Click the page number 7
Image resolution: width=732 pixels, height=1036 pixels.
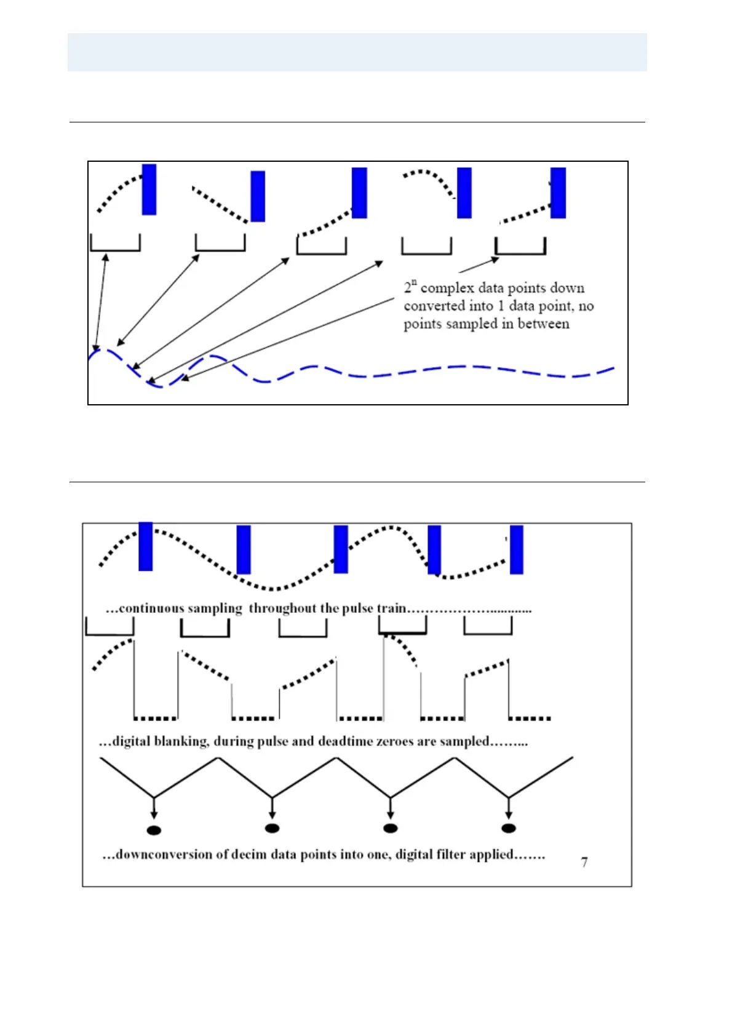coord(584,862)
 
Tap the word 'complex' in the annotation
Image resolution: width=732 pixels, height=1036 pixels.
coord(447,288)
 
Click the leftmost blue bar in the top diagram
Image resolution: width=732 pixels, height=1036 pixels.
coord(149,189)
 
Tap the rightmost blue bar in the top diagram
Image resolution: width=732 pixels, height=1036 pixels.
coord(558,193)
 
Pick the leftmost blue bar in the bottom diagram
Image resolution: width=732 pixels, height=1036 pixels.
coord(145,546)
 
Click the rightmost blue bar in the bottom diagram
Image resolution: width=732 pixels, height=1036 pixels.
coord(517,549)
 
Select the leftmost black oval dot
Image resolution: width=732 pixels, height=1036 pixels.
coord(154,830)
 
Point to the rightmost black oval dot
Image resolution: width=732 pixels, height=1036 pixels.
coord(508,828)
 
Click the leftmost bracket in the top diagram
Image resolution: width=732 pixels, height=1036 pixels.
coord(115,243)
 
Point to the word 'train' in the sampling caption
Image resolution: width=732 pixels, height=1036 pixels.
coord(391,608)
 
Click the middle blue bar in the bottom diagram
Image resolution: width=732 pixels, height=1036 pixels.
coord(341,549)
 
